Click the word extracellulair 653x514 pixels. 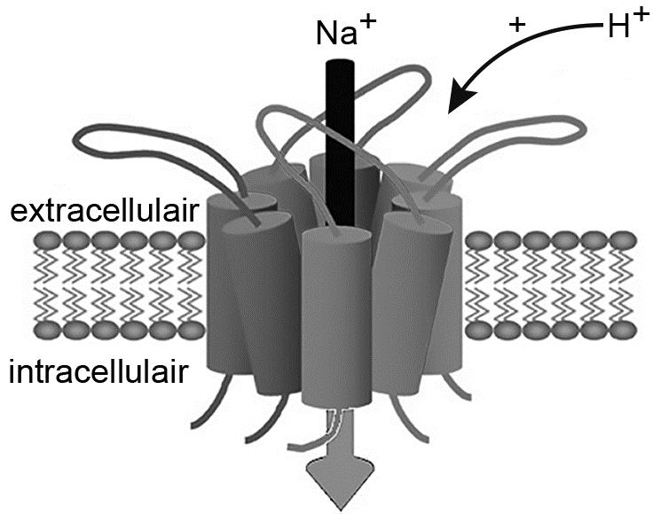click(x=97, y=212)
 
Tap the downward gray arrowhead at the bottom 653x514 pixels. click(x=339, y=479)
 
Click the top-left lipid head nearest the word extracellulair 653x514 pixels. click(x=44, y=240)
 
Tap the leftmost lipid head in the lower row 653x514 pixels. click(x=44, y=331)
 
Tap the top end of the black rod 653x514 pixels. click(x=338, y=66)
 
